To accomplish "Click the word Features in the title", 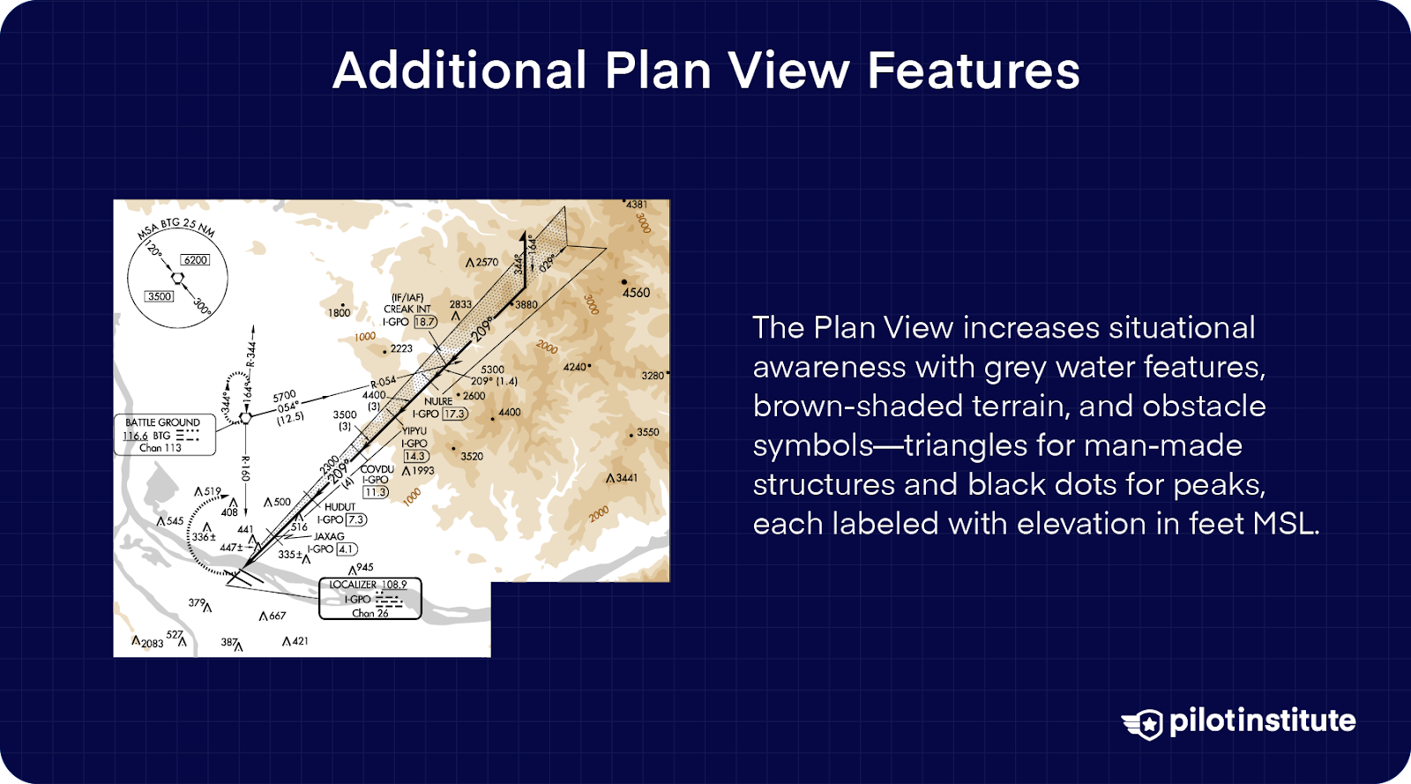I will (x=973, y=71).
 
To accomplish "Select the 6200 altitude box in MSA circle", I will (x=195, y=259).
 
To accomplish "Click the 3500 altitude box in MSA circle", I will (x=159, y=296).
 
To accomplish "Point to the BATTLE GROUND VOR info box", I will (x=165, y=435).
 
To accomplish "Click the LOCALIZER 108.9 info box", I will (x=370, y=599).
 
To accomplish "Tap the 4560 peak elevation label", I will (x=636, y=293).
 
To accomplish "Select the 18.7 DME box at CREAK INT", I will (x=425, y=322).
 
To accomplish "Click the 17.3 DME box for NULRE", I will (x=454, y=414).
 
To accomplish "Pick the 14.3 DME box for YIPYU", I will (x=415, y=456).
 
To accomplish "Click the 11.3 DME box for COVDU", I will (x=376, y=492).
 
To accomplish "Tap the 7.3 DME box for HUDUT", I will (x=355, y=519).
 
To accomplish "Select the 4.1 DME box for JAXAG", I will (x=346, y=549).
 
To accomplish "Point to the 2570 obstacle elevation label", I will (x=487, y=262).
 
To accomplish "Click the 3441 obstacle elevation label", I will (x=626, y=478).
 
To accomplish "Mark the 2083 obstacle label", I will (x=152, y=644).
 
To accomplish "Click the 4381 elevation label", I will (x=637, y=205).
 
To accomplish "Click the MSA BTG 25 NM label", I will (x=175, y=228).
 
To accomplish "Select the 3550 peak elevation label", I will (x=648, y=432).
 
